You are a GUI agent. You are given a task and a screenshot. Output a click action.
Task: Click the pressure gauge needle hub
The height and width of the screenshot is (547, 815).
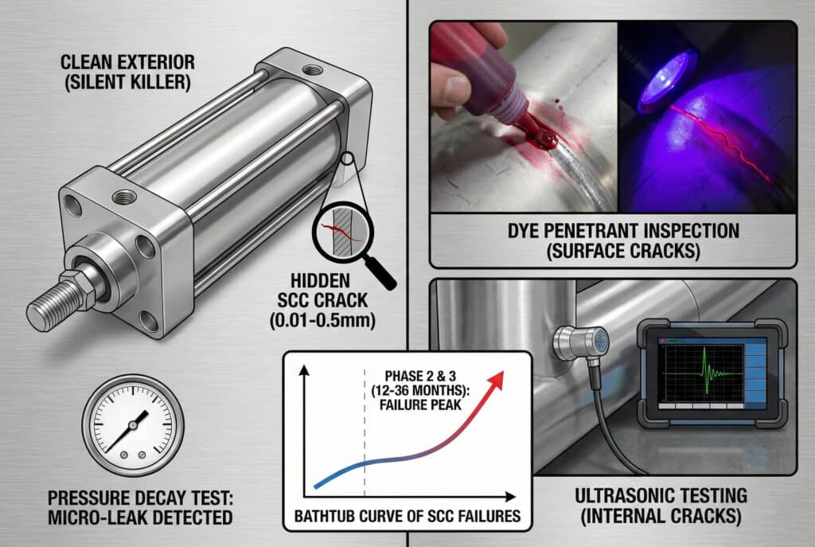133,425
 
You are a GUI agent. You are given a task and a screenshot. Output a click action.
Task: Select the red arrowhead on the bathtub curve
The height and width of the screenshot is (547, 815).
496,378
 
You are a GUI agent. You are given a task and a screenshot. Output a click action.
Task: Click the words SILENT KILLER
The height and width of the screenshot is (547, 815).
128,83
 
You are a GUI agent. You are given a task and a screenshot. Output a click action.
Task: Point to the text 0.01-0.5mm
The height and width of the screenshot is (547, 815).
322,320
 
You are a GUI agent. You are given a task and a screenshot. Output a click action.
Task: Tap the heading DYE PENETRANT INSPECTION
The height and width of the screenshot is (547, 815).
623,231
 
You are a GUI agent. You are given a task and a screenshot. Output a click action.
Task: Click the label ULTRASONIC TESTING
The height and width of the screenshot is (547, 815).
661,495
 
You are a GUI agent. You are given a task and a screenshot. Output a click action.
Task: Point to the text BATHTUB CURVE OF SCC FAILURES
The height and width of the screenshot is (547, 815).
407,516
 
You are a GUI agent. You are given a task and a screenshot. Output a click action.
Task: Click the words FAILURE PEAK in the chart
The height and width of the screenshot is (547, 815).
420,404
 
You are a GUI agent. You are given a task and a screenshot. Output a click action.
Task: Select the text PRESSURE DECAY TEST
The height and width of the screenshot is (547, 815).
140,498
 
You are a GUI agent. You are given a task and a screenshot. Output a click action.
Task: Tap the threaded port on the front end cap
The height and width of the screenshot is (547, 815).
124,197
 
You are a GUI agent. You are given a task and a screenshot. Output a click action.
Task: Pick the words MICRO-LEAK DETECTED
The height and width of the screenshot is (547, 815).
140,518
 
